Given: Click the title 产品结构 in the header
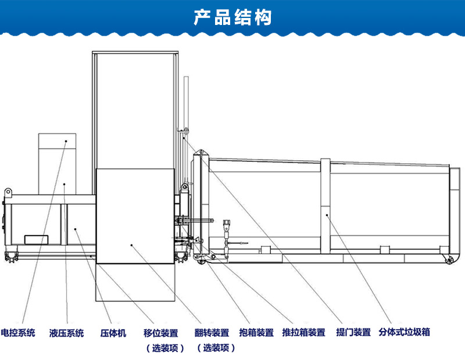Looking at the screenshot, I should click(x=233, y=17).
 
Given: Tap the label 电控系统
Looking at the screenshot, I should click(x=18, y=333).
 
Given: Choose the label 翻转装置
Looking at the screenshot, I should click(x=212, y=333).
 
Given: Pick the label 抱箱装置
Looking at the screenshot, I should click(x=256, y=333).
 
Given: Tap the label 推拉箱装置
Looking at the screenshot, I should click(x=303, y=333).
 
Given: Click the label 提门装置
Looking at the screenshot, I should click(x=353, y=333).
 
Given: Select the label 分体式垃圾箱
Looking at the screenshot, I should click(x=405, y=333).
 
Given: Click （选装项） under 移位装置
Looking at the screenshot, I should click(x=164, y=348).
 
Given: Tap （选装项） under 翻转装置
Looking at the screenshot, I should click(x=216, y=348).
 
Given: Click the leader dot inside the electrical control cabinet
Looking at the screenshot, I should click(x=66, y=141).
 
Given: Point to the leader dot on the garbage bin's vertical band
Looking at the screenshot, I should click(x=327, y=215).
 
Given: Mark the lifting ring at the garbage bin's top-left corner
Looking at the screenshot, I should click(x=201, y=153).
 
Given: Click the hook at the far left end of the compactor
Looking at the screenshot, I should click(x=8, y=192).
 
